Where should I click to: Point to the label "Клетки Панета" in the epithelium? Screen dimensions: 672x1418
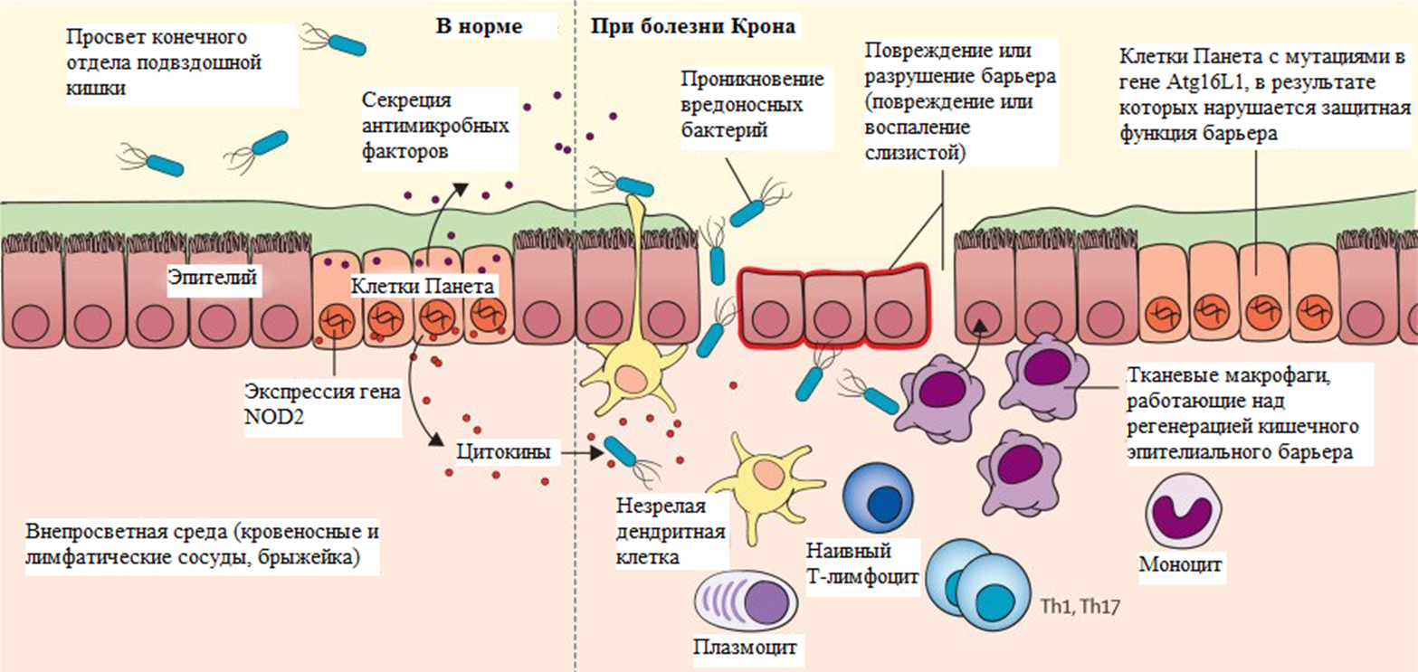click(x=423, y=287)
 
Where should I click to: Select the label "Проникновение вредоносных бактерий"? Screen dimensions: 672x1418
click(x=751, y=104)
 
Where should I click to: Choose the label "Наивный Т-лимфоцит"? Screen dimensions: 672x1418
click(x=861, y=563)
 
